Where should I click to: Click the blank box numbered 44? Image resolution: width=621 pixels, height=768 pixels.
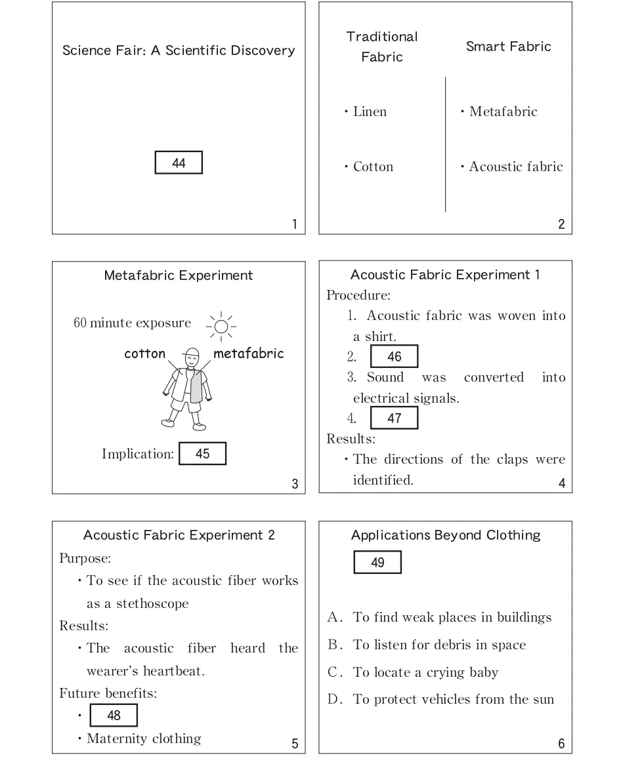tap(179, 163)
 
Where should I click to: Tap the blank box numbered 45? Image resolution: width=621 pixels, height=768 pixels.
tap(202, 453)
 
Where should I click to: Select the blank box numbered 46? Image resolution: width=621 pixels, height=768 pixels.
tap(394, 357)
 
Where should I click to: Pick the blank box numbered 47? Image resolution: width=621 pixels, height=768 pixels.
tap(394, 418)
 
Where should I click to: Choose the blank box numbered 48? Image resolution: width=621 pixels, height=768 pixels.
tap(114, 715)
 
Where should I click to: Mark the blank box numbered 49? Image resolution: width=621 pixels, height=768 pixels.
tap(377, 562)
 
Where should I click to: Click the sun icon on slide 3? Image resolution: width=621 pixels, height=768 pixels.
tap(221, 326)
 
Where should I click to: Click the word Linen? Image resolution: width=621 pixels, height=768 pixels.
tap(370, 111)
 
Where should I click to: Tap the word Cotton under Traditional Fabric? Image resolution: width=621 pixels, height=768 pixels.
tap(373, 167)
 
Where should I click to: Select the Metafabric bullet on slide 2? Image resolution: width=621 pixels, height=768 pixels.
tap(503, 111)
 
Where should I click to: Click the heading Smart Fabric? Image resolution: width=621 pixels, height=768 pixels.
tap(508, 47)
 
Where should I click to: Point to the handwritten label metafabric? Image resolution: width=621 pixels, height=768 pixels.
tap(249, 354)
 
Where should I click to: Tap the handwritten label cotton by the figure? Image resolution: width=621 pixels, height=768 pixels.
tap(145, 354)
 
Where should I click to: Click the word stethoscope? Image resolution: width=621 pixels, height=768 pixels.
tap(152, 603)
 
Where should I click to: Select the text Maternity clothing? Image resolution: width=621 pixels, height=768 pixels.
tap(144, 738)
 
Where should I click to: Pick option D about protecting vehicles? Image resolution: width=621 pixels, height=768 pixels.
tap(453, 699)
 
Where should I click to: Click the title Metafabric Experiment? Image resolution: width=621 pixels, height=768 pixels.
tap(179, 275)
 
